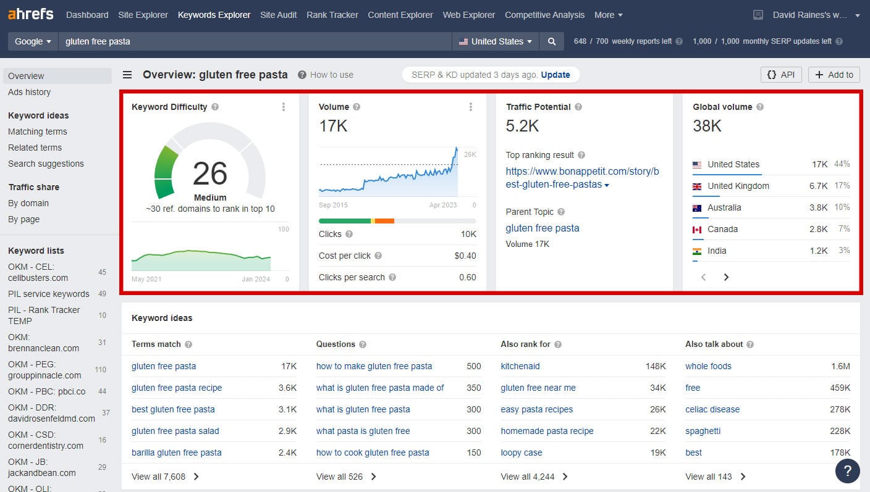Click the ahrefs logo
[x=31, y=14]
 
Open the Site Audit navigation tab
[x=278, y=15]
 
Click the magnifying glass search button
[x=552, y=41]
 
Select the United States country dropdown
[x=495, y=41]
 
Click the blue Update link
[x=555, y=75]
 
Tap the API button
[x=781, y=75]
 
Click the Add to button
[x=834, y=75]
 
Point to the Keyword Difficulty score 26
[x=209, y=173]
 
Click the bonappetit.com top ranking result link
[x=582, y=178]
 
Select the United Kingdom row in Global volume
[x=771, y=186]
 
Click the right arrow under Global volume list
[x=726, y=277]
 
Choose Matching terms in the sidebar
[x=38, y=131]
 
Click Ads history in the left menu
[x=30, y=92]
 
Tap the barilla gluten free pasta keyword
[x=176, y=452]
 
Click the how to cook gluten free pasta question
[x=373, y=452]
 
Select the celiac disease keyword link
[x=712, y=409]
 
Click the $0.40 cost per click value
[x=465, y=256]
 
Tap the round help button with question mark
[x=848, y=471]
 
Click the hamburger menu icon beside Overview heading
[x=127, y=75]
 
